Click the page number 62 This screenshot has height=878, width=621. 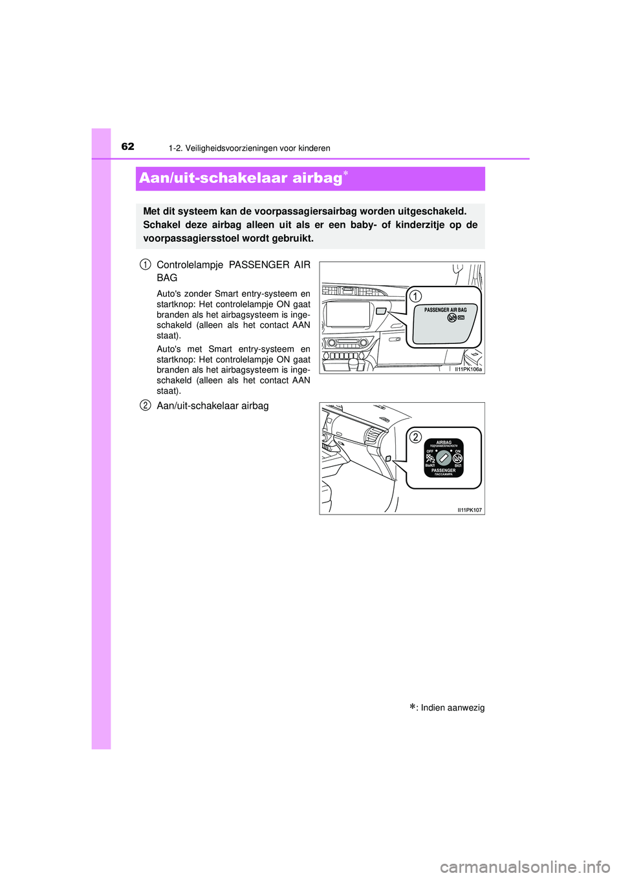[128, 147]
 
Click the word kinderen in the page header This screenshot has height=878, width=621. [314, 149]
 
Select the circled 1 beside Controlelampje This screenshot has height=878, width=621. [146, 264]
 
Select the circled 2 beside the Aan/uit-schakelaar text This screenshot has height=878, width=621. [146, 405]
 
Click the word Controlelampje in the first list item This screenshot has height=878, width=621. [190, 265]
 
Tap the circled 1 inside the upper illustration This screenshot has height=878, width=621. [415, 296]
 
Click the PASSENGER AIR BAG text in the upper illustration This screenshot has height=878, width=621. [445, 310]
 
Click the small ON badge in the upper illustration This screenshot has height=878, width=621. [461, 318]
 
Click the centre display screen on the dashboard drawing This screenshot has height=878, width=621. [348, 314]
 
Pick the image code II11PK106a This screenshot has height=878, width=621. [468, 369]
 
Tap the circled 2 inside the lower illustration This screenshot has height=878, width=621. [416, 437]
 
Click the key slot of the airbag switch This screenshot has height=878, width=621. [444, 457]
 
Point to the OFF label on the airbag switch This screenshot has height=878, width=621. [430, 451]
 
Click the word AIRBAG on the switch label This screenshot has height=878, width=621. [444, 442]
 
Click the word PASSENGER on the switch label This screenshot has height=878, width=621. [444, 470]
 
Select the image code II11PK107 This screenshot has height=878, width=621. [470, 510]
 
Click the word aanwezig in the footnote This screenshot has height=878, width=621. [463, 708]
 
